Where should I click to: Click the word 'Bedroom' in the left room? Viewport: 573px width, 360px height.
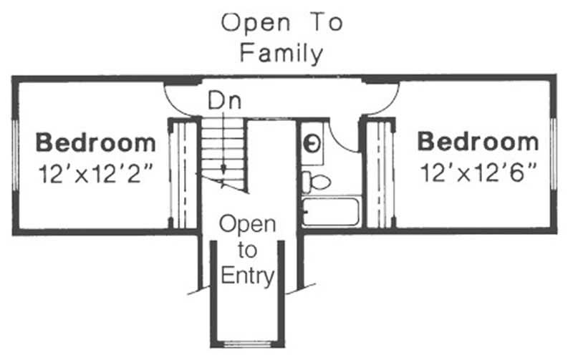pyautogui.click(x=95, y=142)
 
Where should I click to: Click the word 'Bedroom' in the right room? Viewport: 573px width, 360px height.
pyautogui.click(x=478, y=142)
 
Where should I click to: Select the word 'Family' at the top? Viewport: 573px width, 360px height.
pyautogui.click(x=281, y=53)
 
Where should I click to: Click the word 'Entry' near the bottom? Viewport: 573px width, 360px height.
pyautogui.click(x=246, y=276)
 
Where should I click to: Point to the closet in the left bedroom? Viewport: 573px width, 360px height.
pyautogui.click(x=183, y=174)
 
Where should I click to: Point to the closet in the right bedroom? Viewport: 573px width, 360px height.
pyautogui.click(x=380, y=174)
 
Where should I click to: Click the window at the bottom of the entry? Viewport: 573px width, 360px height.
pyautogui.click(x=246, y=344)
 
